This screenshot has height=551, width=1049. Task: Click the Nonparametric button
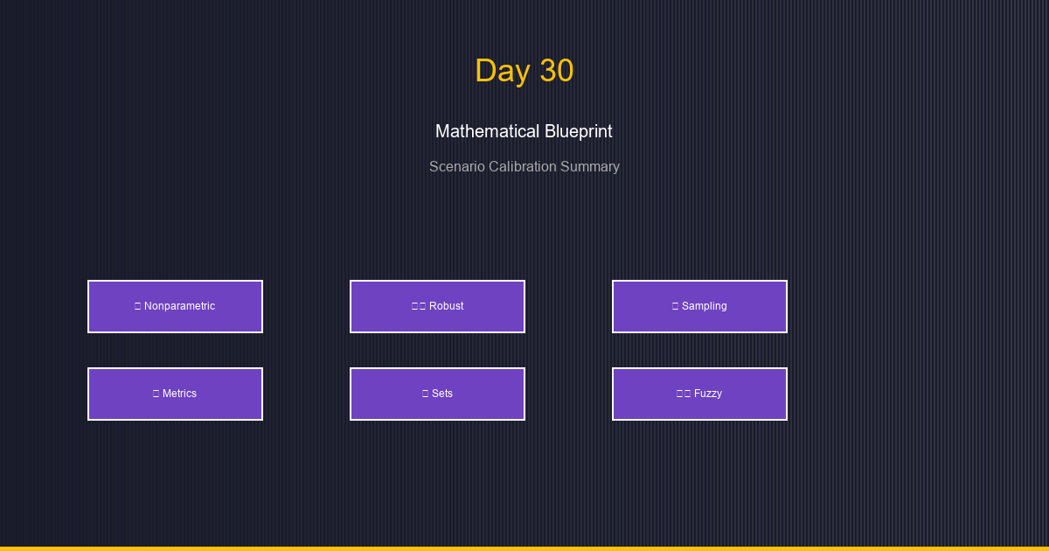(x=175, y=306)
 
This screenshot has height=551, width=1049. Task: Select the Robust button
(x=437, y=306)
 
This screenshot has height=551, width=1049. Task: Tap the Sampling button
(x=699, y=306)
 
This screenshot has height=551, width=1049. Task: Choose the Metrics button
(x=175, y=394)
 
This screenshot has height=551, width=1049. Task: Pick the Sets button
(x=437, y=394)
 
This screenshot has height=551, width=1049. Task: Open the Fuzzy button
(x=699, y=394)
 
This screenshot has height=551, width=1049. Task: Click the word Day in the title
(x=502, y=71)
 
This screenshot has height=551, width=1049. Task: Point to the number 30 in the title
(x=556, y=71)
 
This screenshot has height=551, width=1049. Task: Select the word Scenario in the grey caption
(x=456, y=166)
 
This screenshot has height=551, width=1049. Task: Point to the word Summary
(x=592, y=166)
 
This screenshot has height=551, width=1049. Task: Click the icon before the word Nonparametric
(x=138, y=306)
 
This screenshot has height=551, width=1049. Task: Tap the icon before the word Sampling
(x=675, y=306)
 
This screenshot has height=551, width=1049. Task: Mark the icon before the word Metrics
(x=156, y=394)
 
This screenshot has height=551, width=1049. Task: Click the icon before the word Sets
(x=425, y=394)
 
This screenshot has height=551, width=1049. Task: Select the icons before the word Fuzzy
(x=684, y=394)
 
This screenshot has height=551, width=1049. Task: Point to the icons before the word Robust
(x=419, y=306)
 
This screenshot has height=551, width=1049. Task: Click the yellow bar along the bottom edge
(x=524, y=548)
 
